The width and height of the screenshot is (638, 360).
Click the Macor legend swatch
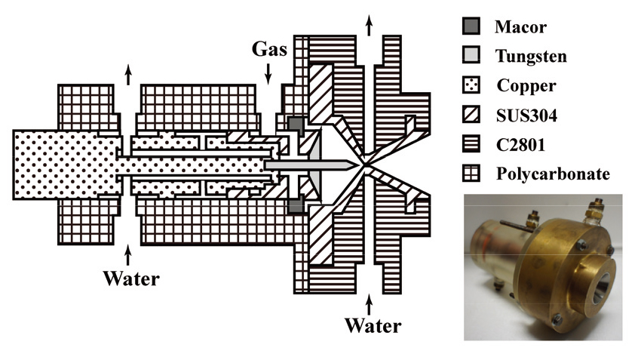click(471, 26)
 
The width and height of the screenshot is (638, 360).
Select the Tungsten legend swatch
click(471, 55)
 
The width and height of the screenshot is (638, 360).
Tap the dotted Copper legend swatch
click(471, 85)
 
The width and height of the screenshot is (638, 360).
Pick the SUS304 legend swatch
click(471, 115)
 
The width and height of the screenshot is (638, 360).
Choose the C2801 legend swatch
click(471, 143)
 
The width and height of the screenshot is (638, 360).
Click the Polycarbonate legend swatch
click(471, 173)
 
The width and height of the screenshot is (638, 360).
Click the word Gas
click(269, 49)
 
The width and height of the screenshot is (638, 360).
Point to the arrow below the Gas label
click(268, 74)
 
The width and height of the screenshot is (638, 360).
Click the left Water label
click(131, 278)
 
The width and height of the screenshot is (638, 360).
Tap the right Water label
click(373, 325)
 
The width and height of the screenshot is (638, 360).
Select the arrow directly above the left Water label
click(128, 255)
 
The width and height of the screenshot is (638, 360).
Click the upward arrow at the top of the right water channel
click(369, 26)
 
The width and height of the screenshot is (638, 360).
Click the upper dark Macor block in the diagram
click(296, 125)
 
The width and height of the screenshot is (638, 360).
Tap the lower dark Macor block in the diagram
click(296, 205)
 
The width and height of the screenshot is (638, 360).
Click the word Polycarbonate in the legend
click(553, 174)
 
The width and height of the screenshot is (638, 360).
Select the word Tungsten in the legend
click(531, 56)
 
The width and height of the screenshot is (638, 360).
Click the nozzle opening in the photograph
click(600, 288)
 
